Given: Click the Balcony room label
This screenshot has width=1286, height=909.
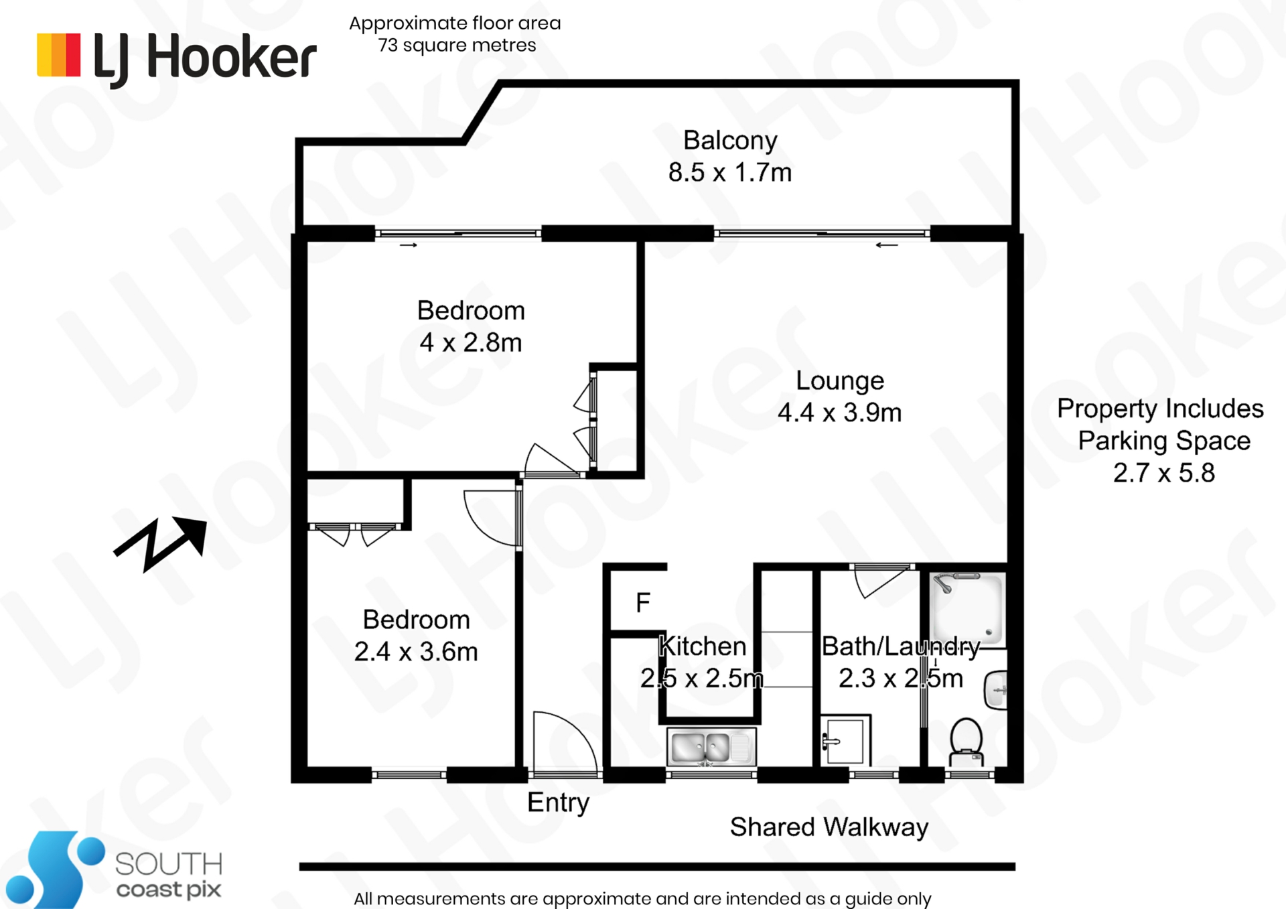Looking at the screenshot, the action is pyautogui.click(x=730, y=141).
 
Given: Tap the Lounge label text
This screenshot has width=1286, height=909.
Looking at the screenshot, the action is pyautogui.click(x=840, y=380).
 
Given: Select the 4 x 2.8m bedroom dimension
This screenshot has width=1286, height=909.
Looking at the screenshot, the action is pyautogui.click(x=471, y=343).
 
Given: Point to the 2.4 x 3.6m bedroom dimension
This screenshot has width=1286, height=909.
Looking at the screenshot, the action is pyautogui.click(x=416, y=652).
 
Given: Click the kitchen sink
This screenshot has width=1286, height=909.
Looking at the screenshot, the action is pyautogui.click(x=711, y=746).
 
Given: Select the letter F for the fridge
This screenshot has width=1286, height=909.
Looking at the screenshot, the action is pyautogui.click(x=643, y=603).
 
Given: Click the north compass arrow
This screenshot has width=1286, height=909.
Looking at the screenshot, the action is pyautogui.click(x=160, y=544).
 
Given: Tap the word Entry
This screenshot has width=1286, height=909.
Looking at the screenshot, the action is pyautogui.click(x=558, y=802).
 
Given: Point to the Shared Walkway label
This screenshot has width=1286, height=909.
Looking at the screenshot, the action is pyautogui.click(x=829, y=827).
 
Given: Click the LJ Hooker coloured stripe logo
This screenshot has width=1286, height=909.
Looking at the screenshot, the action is pyautogui.click(x=59, y=55).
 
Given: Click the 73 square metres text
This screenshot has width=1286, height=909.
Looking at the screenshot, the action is pyautogui.click(x=457, y=46).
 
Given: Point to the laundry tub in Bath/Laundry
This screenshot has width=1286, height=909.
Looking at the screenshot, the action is pyautogui.click(x=845, y=741).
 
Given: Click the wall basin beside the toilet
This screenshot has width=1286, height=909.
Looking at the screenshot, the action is pyautogui.click(x=995, y=690).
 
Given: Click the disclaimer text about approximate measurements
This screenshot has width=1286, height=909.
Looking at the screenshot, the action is pyautogui.click(x=642, y=899).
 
